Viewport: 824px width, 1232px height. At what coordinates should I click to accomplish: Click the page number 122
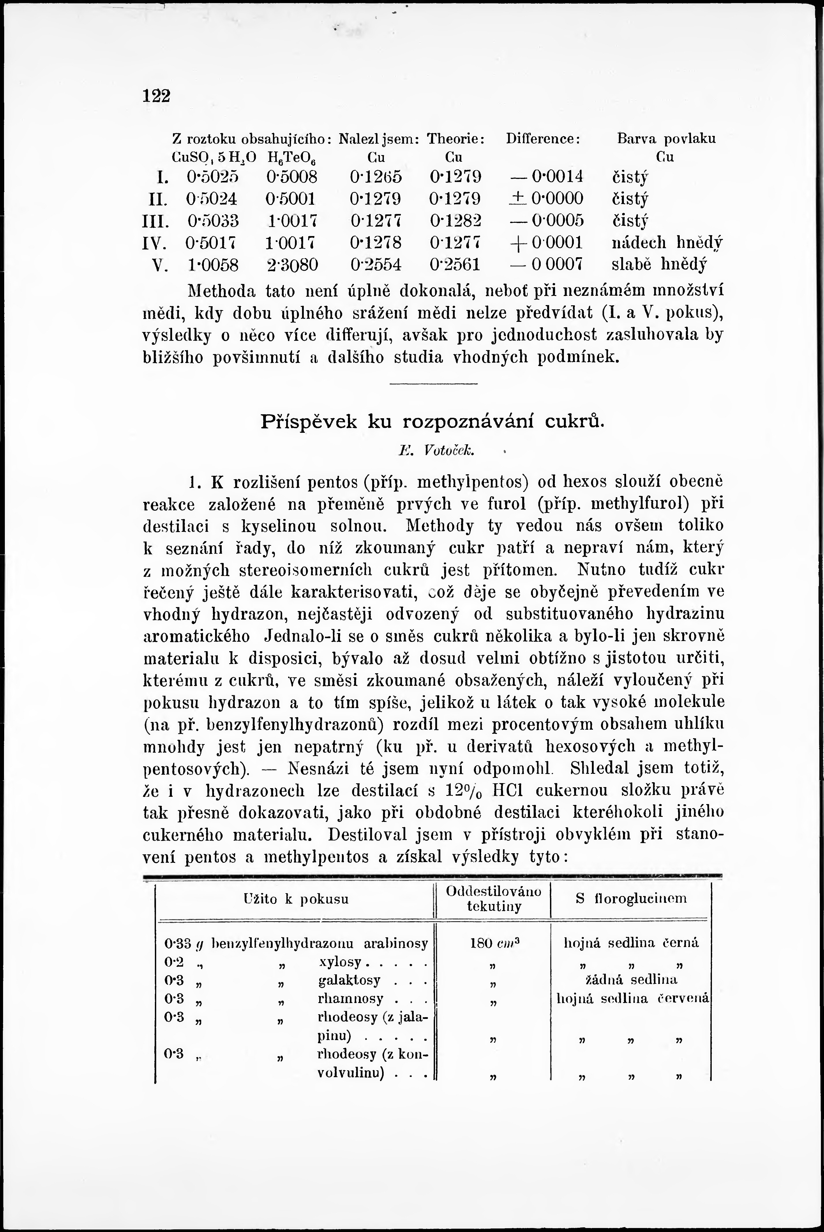point(157,96)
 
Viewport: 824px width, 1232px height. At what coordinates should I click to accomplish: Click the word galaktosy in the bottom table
point(349,980)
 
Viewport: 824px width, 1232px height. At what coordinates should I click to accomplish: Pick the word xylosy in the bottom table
point(340,962)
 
